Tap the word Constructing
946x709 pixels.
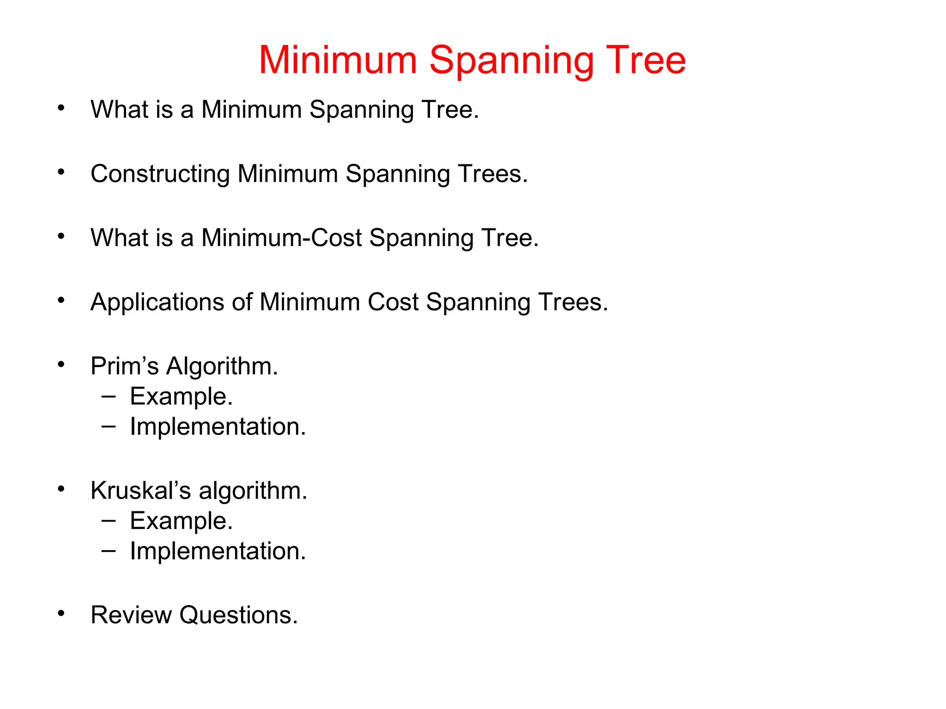click(160, 174)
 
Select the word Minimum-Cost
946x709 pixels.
click(282, 238)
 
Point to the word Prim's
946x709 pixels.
click(124, 367)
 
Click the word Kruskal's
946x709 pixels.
click(140, 491)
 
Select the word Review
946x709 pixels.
click(131, 615)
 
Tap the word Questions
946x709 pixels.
click(238, 616)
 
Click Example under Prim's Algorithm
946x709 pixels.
click(181, 397)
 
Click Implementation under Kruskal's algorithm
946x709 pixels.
click(218, 551)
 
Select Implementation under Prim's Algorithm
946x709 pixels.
click(218, 427)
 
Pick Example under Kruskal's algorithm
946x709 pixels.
click(181, 521)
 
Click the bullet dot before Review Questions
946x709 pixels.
click(61, 613)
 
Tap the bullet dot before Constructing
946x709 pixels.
click(61, 172)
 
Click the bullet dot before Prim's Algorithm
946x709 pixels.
click(61, 365)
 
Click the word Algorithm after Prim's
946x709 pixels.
click(222, 367)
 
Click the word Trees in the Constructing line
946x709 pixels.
click(492, 174)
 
